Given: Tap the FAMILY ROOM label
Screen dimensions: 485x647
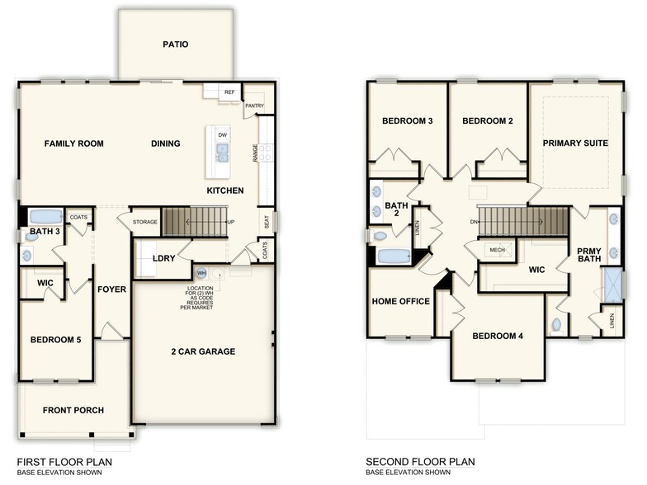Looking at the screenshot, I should click(x=74, y=144).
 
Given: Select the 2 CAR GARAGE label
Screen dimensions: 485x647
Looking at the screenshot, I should click(x=204, y=351).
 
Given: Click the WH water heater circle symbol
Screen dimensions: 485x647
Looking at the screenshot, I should click(x=201, y=273).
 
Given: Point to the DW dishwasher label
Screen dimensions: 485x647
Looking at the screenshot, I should click(x=222, y=134).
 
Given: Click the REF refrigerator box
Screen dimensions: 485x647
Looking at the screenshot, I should click(x=229, y=93).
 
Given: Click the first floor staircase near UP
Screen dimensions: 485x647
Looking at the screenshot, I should click(x=194, y=221).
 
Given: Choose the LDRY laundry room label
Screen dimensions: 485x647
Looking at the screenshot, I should click(x=163, y=258).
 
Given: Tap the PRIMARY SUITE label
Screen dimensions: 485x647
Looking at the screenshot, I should click(x=575, y=143).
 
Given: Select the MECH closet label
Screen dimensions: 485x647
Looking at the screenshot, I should click(x=497, y=250).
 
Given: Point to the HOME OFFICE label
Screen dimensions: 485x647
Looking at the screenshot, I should click(x=401, y=301).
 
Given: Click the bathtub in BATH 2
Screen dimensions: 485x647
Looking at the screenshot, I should click(x=393, y=257).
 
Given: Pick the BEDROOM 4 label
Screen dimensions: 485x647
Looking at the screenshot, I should click(x=498, y=336).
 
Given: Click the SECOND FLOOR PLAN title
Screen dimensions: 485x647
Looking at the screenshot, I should click(x=421, y=462).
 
